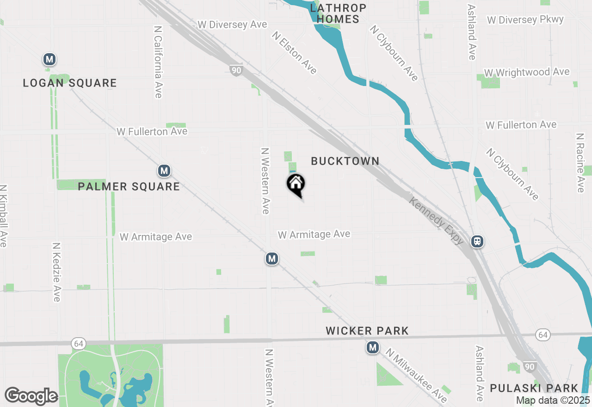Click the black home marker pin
(x=296, y=185)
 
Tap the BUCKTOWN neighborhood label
(x=345, y=161)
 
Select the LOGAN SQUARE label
(x=70, y=83)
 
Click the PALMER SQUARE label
(x=129, y=186)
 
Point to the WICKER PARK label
(x=367, y=331)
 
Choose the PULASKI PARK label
(x=534, y=388)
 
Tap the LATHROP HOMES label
(x=338, y=13)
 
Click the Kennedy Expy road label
(x=437, y=219)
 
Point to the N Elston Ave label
(x=295, y=53)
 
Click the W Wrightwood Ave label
(x=527, y=73)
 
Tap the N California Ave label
(x=158, y=61)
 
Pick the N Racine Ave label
(x=580, y=163)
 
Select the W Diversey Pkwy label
(x=525, y=20)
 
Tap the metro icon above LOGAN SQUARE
(x=49, y=59)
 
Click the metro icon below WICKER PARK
(x=373, y=347)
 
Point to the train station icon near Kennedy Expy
(x=477, y=241)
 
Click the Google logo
(x=31, y=396)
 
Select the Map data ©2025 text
(x=553, y=401)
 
